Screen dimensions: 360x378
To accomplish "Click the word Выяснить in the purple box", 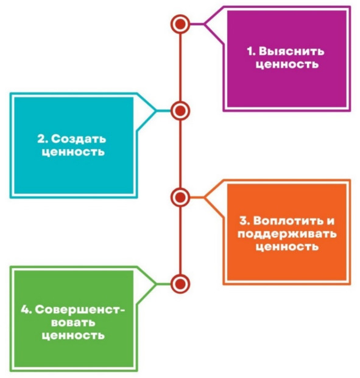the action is (x=291, y=51).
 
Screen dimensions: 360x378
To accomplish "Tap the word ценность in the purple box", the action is (x=287, y=65).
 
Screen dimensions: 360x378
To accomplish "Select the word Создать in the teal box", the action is (x=79, y=139).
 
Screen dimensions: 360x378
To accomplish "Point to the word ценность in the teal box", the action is (x=73, y=152).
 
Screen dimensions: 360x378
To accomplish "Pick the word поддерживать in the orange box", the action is (x=287, y=234).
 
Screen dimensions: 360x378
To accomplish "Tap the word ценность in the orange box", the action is (x=287, y=247).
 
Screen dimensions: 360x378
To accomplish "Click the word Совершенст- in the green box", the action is (x=80, y=310).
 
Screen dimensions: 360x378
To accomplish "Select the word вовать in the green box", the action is (x=73, y=323).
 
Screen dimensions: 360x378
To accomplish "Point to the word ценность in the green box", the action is (x=73, y=336).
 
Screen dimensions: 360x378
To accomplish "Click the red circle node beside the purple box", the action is (x=180, y=24).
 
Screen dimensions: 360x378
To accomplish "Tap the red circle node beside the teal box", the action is (x=180, y=111).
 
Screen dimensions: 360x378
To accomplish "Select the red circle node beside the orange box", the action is (x=180, y=198).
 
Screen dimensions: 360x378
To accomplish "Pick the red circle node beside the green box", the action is (x=180, y=283).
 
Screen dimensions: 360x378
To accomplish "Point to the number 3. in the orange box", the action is (x=245, y=221).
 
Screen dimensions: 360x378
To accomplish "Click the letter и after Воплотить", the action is (x=331, y=221).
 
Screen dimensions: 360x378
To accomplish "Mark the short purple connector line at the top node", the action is (x=197, y=24).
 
